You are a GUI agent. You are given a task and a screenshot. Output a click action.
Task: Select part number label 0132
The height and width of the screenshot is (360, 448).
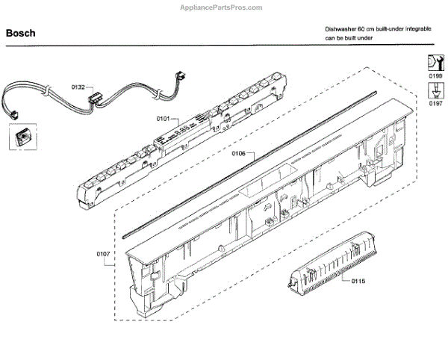coord(78,87)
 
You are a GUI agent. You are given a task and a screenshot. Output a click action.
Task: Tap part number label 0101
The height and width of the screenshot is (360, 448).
coord(164,119)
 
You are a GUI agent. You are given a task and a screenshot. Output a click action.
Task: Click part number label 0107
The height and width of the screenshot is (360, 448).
coord(103,254)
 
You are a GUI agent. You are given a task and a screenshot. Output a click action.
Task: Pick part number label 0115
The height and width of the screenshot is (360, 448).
coord(349,281)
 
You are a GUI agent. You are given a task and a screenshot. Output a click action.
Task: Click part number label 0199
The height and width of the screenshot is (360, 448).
coord(435,76)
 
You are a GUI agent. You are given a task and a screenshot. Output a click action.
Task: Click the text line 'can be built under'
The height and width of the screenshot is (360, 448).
coord(348,37)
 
